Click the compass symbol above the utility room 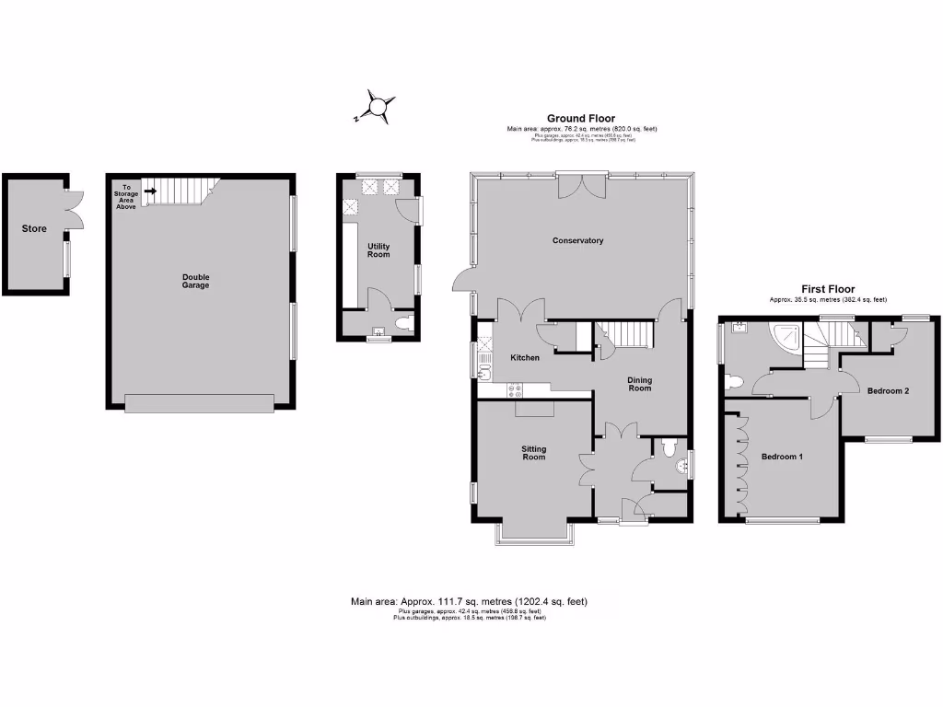[x=378, y=107]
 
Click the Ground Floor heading [x=581, y=118]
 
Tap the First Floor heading [x=828, y=289]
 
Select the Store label [x=34, y=227]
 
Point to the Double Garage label [x=195, y=281]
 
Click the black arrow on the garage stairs [x=149, y=191]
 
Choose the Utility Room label [x=378, y=249]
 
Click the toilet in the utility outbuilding [x=402, y=324]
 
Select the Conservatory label [x=577, y=241]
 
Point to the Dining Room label [x=639, y=384]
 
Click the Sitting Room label [x=533, y=453]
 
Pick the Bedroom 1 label [x=783, y=457]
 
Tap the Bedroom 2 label [x=888, y=391]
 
